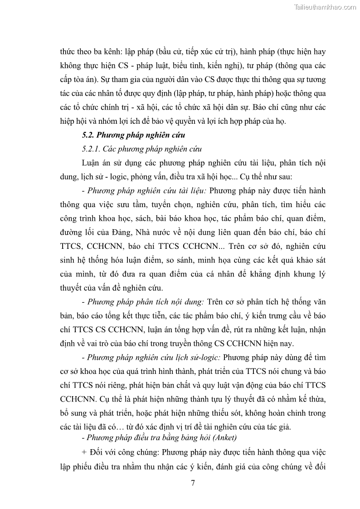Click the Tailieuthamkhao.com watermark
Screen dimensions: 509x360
(325, 7)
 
